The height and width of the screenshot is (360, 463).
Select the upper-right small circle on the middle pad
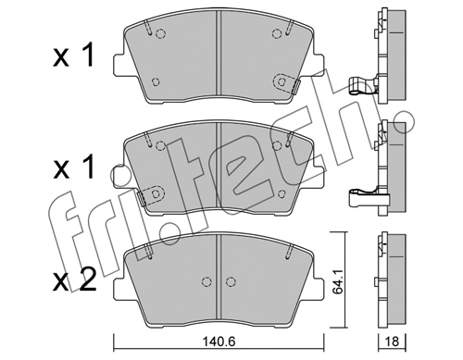click(277, 145)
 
